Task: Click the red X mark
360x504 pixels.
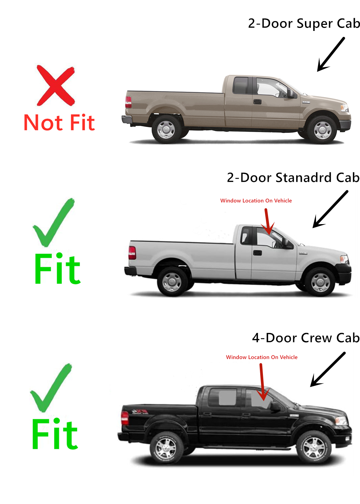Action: (x=56, y=85)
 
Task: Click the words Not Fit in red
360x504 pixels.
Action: (x=59, y=123)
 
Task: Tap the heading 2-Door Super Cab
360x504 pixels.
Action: (x=304, y=24)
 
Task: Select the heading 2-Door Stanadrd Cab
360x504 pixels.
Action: (x=293, y=177)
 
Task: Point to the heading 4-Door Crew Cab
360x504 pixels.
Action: (x=306, y=338)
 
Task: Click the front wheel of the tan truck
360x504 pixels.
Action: (x=322, y=130)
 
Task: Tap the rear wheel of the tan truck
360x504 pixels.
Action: (x=166, y=129)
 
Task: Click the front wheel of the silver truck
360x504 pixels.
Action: (x=320, y=282)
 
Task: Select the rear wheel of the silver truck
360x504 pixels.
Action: (x=172, y=282)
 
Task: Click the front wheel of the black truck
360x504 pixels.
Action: (x=314, y=447)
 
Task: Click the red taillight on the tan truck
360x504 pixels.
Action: (x=128, y=102)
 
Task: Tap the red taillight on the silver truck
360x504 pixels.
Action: (x=132, y=253)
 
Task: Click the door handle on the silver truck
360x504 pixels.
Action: (x=258, y=253)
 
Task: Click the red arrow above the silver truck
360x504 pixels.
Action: (x=268, y=221)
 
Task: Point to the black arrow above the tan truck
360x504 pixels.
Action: (x=331, y=54)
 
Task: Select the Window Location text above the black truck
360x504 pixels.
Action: (x=262, y=357)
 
